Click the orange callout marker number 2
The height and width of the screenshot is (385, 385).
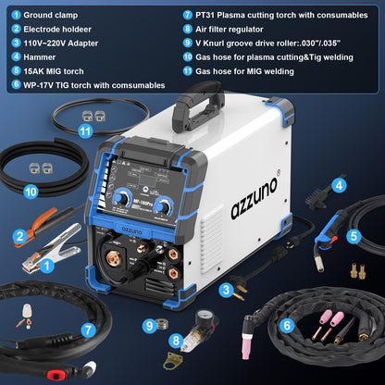[x=19, y=236]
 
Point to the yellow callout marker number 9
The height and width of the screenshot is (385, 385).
[x=148, y=325]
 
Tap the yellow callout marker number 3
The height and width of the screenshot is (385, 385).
[x=225, y=291]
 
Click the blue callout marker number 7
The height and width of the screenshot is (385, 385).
[x=86, y=329]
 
